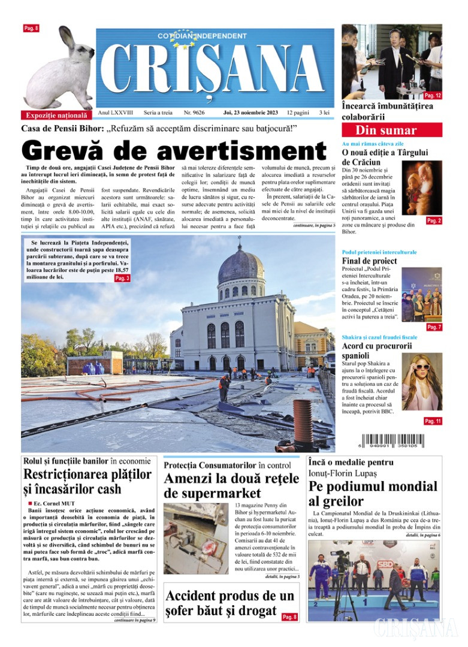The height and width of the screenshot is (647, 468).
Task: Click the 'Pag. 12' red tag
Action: [433, 95]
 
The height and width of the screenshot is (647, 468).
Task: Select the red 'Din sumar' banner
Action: [392, 130]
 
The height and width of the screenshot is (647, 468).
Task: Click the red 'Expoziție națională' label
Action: [56, 115]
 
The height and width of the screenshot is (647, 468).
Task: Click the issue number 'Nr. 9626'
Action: [194, 112]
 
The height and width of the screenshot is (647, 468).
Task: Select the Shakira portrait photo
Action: [421, 381]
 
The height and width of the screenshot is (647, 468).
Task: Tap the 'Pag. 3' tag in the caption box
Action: [122, 278]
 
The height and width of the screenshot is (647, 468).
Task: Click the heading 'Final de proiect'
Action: [369, 261]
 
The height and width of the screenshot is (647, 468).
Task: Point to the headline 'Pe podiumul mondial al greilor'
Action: [373, 494]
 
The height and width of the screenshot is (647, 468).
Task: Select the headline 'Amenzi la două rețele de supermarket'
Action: [231, 485]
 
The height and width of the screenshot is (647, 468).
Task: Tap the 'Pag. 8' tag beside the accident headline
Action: [289, 616]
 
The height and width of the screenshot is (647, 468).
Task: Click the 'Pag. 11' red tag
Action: [433, 421]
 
